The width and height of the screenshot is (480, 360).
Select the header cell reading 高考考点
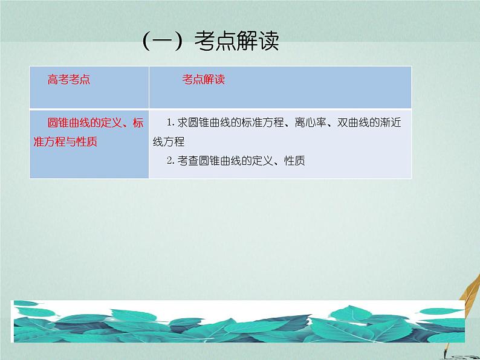pos(69,80)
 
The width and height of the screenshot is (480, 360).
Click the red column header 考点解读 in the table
pos(204,80)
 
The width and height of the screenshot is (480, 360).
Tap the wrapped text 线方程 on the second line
pos(168,142)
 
